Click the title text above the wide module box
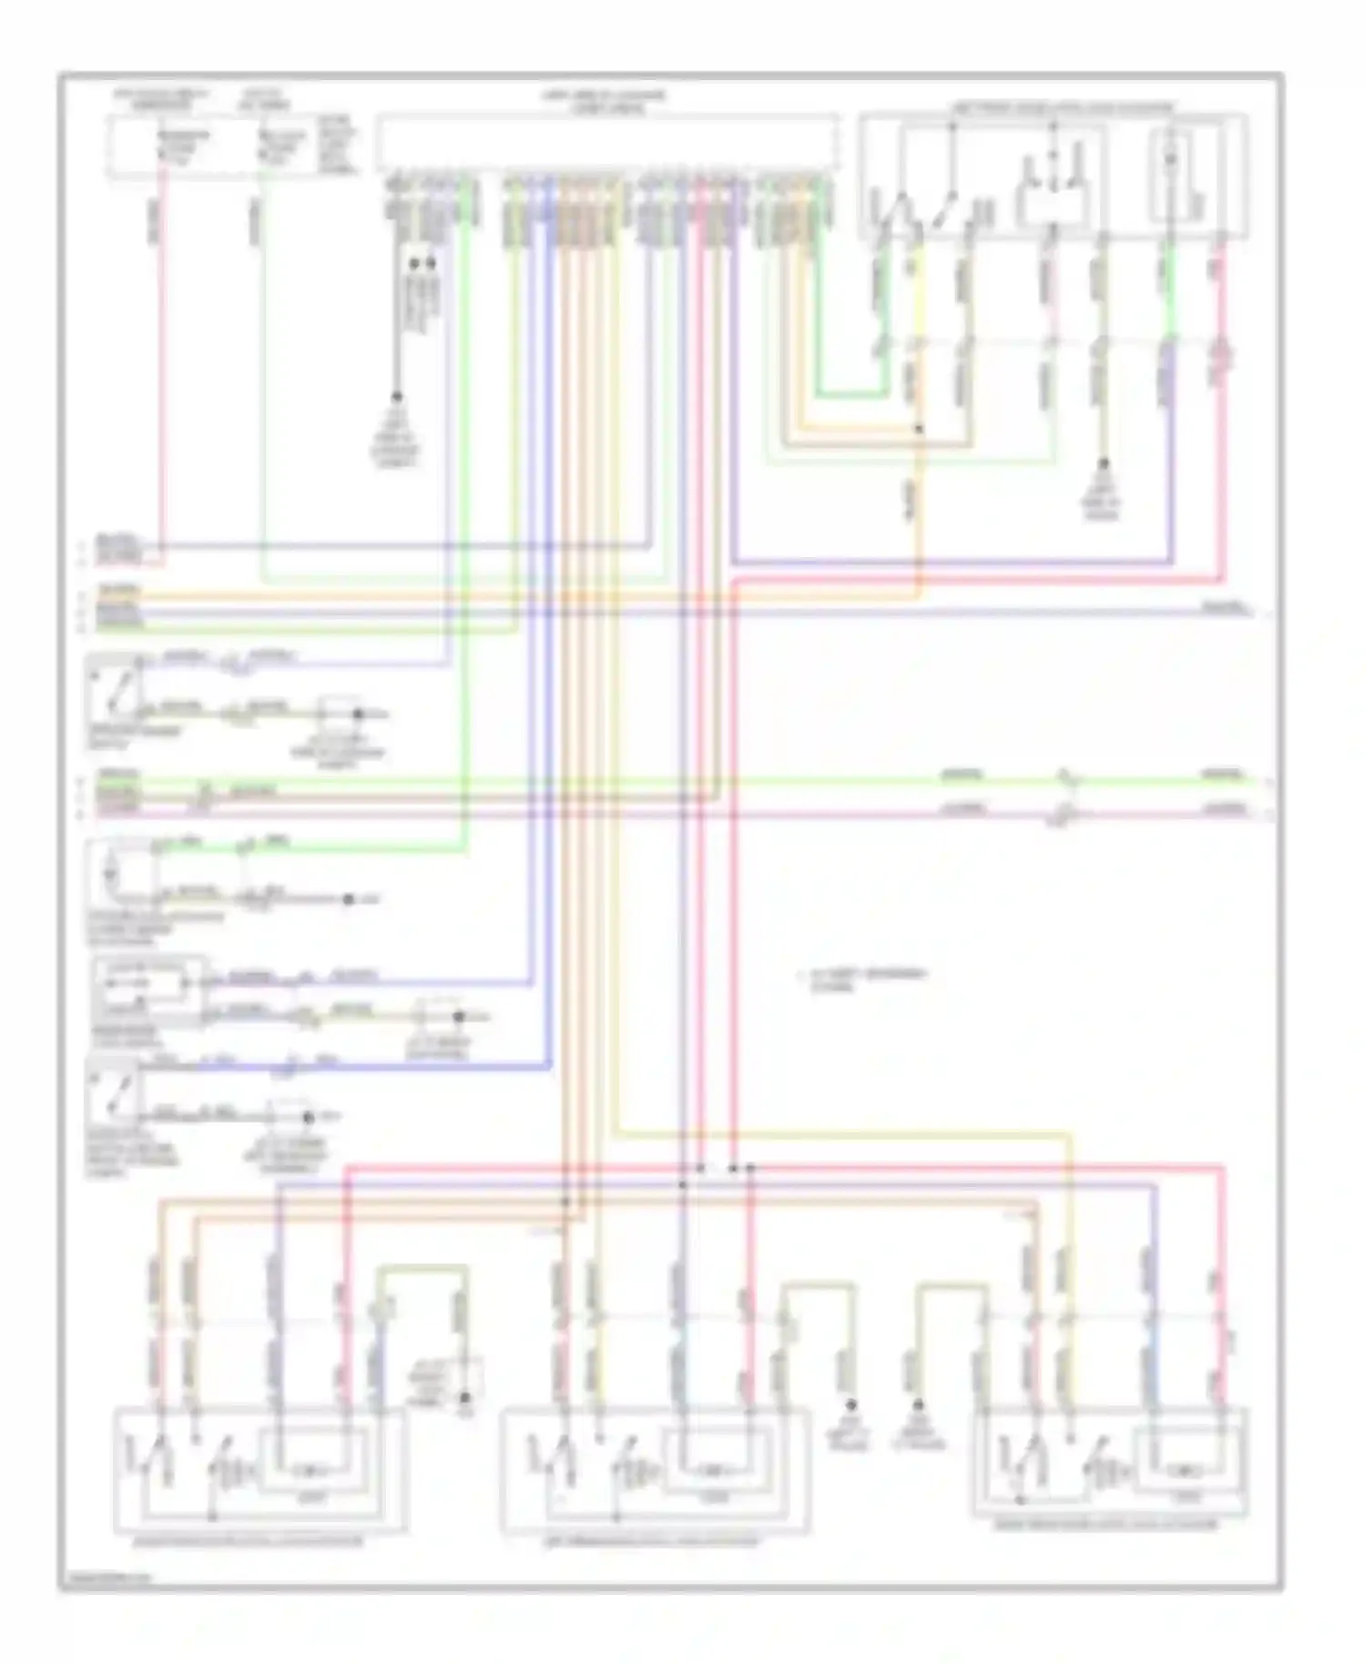pyautogui.click(x=605, y=101)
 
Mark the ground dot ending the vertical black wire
pyautogui.click(x=397, y=397)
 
